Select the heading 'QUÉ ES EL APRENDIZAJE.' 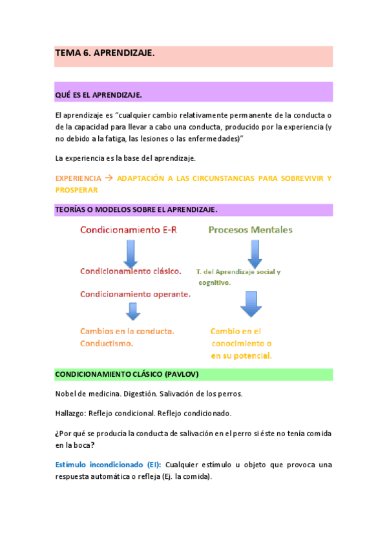click(x=98, y=95)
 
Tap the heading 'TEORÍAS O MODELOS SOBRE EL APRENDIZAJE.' click(x=136, y=209)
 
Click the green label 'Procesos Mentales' click(x=250, y=230)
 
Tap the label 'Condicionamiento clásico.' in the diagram click(x=131, y=272)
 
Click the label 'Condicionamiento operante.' click(x=135, y=294)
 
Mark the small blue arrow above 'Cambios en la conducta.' click(x=133, y=312)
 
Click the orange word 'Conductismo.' click(x=107, y=343)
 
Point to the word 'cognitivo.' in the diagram click(x=214, y=283)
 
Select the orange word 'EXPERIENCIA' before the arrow click(x=78, y=178)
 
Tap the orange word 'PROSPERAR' click(x=76, y=190)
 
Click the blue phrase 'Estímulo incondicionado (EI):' click(x=108, y=465)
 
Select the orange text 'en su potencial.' click(x=240, y=356)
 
